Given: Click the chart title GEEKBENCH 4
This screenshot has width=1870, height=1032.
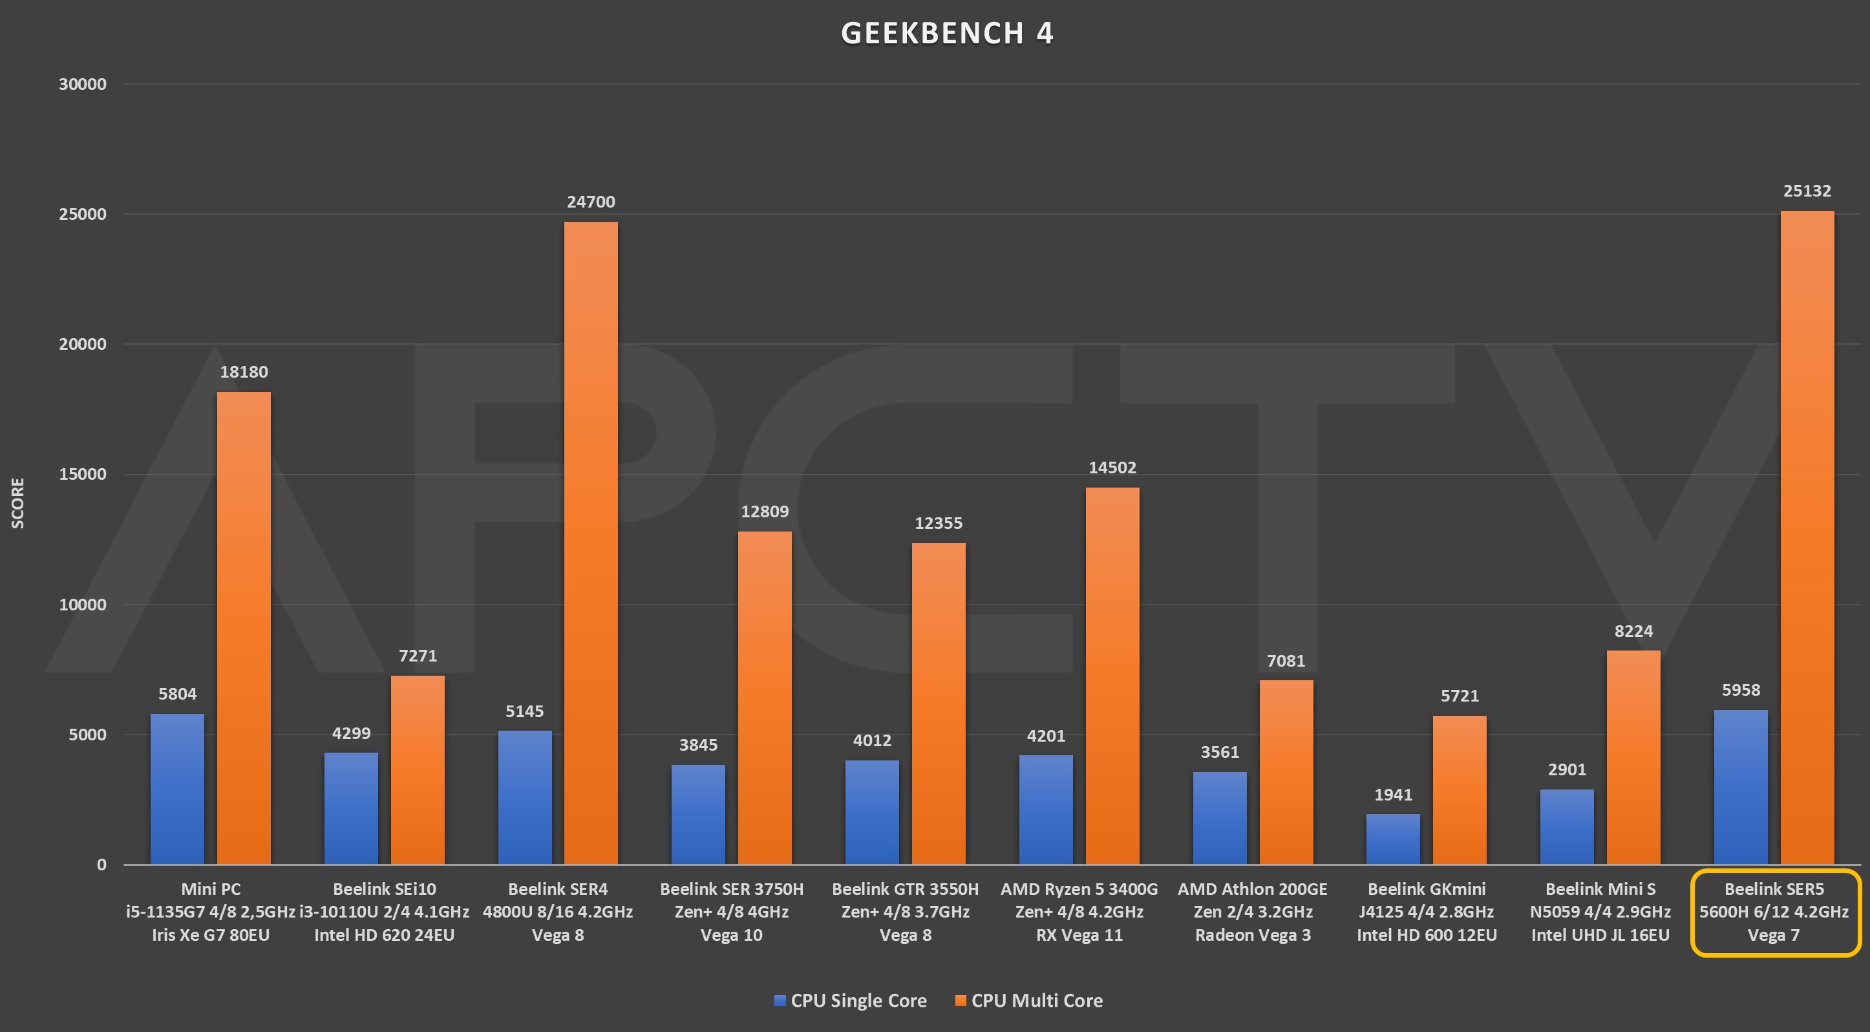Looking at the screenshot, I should point(946,34).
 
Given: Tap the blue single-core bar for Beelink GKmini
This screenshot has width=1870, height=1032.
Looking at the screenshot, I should point(1393,839).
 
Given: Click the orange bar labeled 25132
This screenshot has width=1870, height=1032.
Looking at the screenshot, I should point(1807,537).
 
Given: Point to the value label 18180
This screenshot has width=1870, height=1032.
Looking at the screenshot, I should point(244,372).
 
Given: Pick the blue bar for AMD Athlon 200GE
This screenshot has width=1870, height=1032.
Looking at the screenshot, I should point(1220,818).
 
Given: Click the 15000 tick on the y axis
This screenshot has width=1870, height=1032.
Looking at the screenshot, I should point(82,474).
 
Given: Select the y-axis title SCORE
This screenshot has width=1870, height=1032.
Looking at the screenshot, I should point(18,502).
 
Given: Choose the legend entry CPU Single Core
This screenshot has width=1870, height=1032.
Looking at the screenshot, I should point(851,1001).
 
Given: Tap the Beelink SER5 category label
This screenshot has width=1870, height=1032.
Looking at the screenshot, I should point(1774,912).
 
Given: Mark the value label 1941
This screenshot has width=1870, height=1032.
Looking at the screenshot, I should point(1393,795).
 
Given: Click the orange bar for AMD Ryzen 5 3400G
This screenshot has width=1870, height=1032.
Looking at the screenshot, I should point(1112,676).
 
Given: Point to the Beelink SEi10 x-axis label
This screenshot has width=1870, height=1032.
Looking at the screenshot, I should point(384,912).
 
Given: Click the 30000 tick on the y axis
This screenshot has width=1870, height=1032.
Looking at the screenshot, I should point(82,84).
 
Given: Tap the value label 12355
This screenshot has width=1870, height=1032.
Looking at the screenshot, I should point(938,523).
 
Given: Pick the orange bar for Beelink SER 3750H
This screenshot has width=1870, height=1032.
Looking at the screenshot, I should point(765,697).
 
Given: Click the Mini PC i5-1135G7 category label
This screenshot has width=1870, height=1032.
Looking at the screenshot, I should point(211,912).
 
